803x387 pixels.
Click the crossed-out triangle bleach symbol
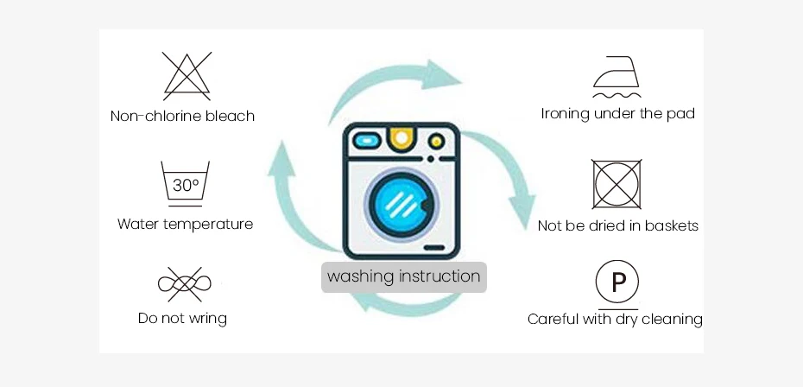click(x=187, y=76)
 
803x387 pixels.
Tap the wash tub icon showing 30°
click(x=186, y=183)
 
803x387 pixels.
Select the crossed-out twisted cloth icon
click(x=184, y=283)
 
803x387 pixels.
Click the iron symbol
click(x=617, y=76)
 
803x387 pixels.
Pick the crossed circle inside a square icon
click(x=616, y=184)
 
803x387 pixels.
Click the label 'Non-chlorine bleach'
click(x=182, y=116)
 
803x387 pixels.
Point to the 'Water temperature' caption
click(x=185, y=224)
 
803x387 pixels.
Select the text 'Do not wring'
click(x=182, y=319)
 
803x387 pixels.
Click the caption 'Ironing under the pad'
click(x=618, y=113)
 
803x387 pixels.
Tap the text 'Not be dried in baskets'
click(x=618, y=225)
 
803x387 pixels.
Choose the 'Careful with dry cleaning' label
click(x=615, y=320)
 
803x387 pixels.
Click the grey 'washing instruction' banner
click(x=404, y=277)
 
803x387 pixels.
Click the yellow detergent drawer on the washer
click(x=399, y=137)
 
